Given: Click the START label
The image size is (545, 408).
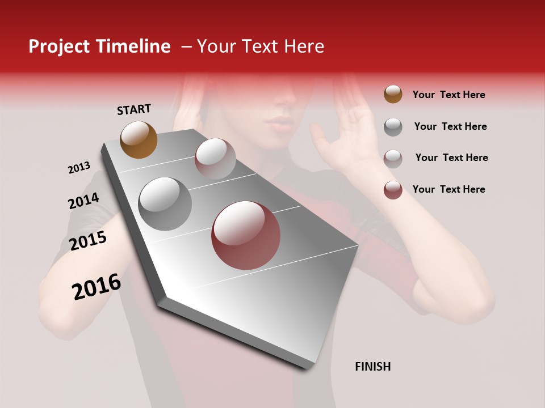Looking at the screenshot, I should coord(134,109).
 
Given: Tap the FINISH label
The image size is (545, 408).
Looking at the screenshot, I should coord(372,367).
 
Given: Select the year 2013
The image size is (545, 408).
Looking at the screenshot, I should coord(79,168).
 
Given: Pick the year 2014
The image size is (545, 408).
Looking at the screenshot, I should coord(83,201).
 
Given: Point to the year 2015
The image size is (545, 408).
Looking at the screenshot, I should coord(88,241).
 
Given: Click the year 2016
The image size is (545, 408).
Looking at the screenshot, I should coord(97,287).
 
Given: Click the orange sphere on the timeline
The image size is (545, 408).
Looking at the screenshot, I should coord(139,139).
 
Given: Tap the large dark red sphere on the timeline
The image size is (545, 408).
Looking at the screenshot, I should coord(246,235).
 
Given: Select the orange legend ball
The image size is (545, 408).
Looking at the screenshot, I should coord(393,94).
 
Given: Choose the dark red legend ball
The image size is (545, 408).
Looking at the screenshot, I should coord(393,190).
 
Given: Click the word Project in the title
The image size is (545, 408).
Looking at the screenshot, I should coord(59,46).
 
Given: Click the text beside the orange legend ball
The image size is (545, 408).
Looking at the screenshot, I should coord(448,95).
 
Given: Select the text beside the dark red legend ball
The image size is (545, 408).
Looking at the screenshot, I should coord(448,189).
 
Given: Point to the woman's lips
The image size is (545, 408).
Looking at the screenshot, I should coord(280,123).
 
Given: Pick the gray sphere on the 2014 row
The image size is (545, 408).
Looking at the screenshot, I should coord(165,203).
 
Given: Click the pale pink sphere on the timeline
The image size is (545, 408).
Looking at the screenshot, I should coord(215,159).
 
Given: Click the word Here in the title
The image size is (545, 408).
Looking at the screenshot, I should coord(304,46).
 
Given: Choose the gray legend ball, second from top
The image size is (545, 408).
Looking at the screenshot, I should coord(393,127).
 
